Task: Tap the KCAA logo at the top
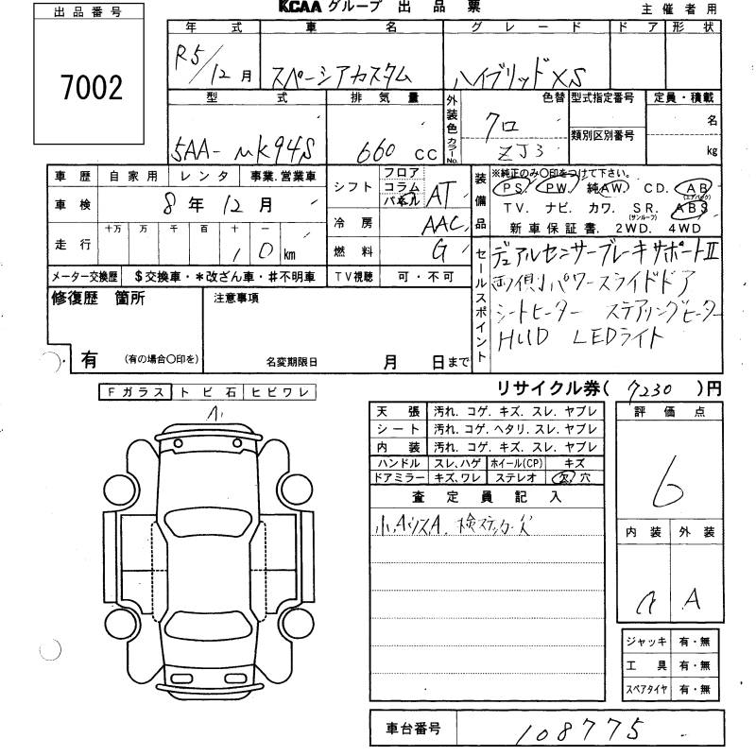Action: (x=305, y=9)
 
